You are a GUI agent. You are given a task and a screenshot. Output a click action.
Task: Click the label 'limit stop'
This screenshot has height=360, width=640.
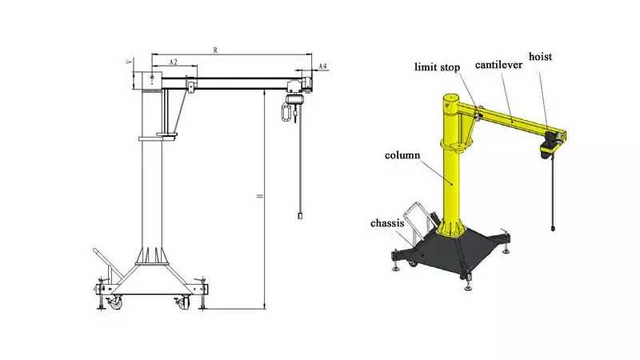(437, 67)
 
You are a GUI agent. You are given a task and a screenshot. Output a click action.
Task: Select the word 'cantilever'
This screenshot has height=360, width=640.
(498, 65)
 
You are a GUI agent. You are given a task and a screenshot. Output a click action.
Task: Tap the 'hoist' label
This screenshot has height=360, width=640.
(540, 56)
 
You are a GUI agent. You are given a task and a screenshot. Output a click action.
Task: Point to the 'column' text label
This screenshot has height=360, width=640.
(402, 155)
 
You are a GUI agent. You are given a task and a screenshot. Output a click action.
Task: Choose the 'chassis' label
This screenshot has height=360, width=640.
(387, 223)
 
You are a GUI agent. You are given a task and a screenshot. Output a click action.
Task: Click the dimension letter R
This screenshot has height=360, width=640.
(215, 50)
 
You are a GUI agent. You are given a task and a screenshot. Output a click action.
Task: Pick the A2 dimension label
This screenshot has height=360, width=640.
(173, 62)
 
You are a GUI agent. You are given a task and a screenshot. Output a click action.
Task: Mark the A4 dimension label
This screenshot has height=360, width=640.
(322, 66)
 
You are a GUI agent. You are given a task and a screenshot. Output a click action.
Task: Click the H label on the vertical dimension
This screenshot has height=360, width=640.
(259, 196)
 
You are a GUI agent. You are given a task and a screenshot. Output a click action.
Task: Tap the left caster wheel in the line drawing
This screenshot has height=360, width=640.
(115, 302)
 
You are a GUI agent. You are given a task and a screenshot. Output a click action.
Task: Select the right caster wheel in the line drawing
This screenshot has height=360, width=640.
(183, 302)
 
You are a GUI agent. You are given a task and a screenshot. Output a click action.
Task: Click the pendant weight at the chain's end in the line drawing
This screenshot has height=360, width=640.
(301, 215)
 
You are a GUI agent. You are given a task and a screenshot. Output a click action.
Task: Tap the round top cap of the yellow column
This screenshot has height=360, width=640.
(452, 98)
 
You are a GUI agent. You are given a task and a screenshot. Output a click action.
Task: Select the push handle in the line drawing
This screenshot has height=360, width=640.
(104, 266)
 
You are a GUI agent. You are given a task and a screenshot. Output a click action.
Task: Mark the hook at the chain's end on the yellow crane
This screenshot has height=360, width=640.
(553, 227)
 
